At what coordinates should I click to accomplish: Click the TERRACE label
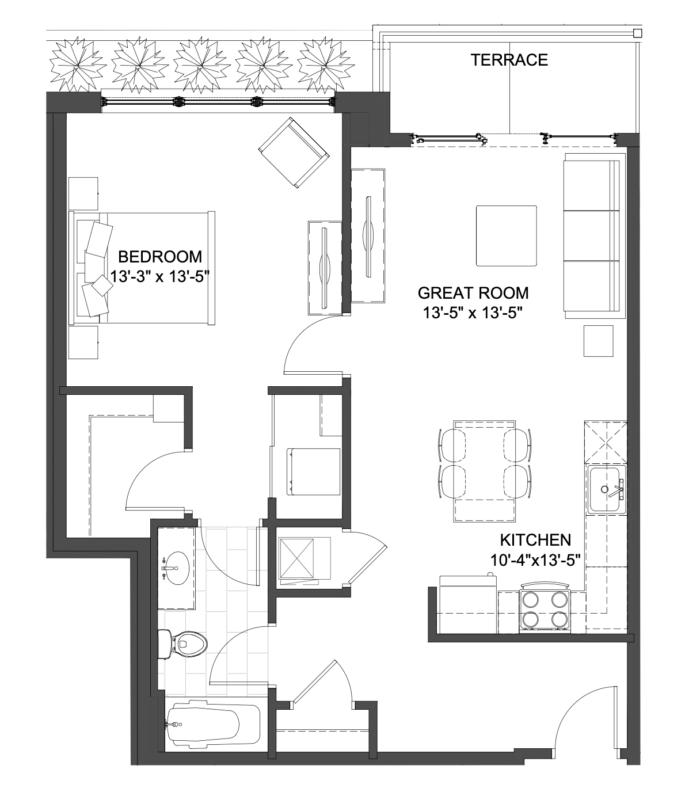[509, 60]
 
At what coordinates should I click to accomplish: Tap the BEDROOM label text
[160, 257]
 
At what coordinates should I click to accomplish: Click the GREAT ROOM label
[473, 293]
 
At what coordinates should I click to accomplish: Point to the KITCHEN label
[535, 540]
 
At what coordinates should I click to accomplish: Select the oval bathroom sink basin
[176, 568]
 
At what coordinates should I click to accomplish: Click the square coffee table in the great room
[506, 236]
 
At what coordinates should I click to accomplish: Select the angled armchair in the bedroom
[294, 153]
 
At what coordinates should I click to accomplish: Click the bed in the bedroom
[142, 268]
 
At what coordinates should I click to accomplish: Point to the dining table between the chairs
[484, 471]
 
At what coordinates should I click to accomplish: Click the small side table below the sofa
[598, 341]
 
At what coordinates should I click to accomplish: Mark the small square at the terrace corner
[637, 33]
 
